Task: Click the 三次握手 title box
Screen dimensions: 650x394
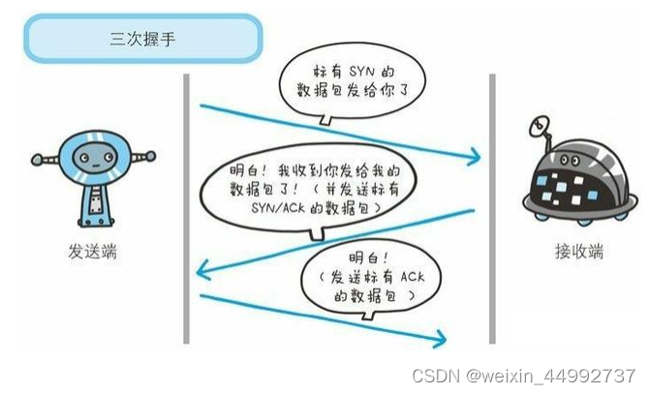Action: [x=143, y=40]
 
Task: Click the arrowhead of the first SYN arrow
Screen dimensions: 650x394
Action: [x=476, y=155]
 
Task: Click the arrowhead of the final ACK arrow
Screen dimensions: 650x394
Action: [x=441, y=338]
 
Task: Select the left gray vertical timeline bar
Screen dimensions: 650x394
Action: [x=185, y=208]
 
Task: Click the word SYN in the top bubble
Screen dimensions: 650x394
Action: [x=352, y=75]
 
